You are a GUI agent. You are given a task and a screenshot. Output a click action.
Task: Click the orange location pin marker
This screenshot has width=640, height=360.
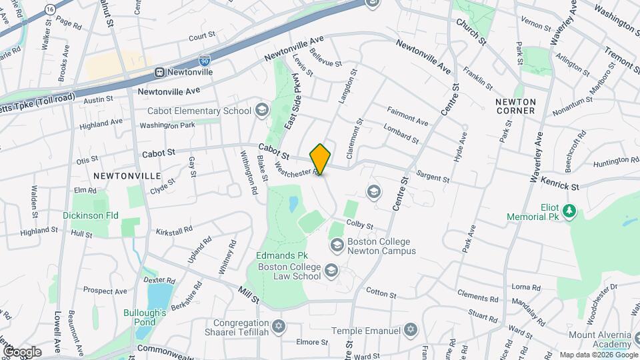click(x=321, y=159)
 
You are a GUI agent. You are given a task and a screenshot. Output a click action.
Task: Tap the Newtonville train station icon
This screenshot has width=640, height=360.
click(x=160, y=72)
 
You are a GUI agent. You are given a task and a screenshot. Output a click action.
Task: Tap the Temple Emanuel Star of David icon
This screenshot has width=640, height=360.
click(x=411, y=331)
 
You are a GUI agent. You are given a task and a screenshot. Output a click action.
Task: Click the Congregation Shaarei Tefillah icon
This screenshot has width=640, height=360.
click(x=279, y=327)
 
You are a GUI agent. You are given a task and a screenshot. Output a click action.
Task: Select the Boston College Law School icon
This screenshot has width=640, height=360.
click(x=331, y=271)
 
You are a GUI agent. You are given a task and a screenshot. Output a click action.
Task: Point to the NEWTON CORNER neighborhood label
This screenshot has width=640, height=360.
click(x=515, y=105)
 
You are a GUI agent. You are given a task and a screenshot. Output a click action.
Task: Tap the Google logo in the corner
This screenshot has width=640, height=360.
click(x=21, y=351)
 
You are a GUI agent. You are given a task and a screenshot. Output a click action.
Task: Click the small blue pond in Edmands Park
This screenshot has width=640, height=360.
click(x=293, y=205)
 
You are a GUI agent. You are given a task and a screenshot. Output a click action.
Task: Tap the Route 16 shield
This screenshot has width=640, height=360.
click(x=51, y=8)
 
